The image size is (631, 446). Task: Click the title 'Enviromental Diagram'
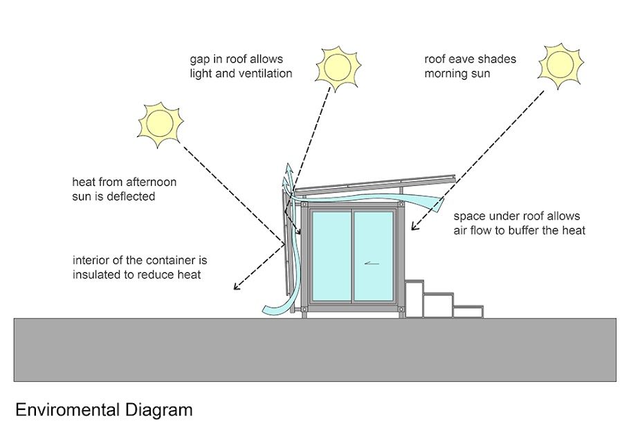pos(104,409)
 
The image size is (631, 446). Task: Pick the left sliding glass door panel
pos(331,256)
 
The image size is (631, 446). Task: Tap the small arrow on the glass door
pos(374,263)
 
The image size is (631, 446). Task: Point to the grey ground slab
pos(315,349)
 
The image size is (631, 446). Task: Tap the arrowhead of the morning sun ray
pos(414,226)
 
